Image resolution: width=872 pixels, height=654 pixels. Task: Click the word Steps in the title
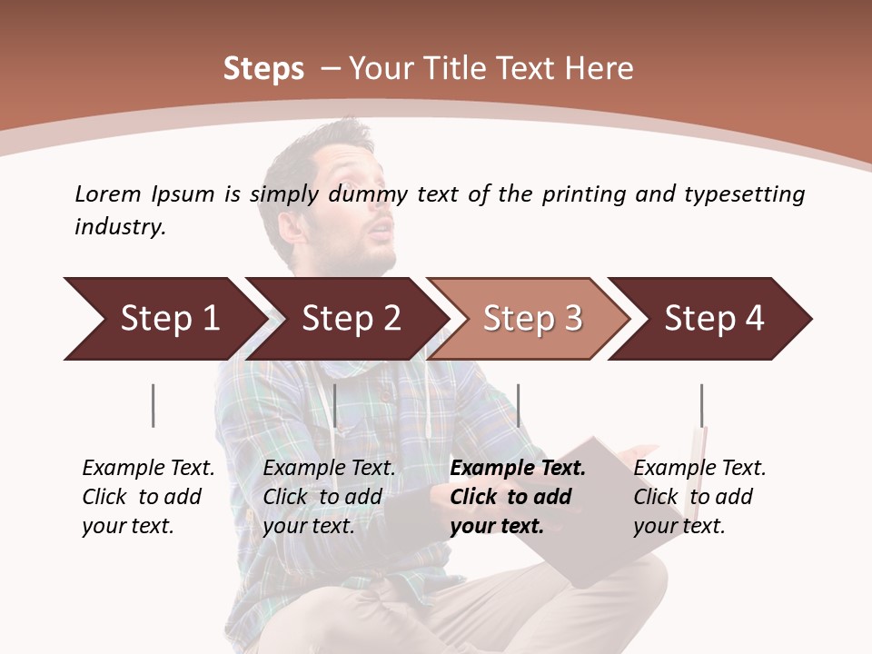(263, 69)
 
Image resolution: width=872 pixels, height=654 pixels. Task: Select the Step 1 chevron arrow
(163, 318)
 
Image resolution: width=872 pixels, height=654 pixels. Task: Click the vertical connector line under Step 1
(153, 405)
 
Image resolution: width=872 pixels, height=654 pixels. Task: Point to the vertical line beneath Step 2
(335, 405)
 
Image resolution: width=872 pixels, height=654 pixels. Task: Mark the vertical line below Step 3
(518, 405)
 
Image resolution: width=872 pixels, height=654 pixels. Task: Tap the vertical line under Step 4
(701, 405)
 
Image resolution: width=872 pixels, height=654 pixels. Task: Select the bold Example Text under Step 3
(518, 468)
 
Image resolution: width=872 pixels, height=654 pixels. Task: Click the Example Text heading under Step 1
(148, 468)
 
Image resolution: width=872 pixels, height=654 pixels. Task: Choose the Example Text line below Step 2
(329, 468)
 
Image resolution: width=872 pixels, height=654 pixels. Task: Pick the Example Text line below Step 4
(699, 468)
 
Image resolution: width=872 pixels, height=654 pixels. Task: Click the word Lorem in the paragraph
(108, 193)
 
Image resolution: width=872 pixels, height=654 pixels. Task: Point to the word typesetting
(744, 194)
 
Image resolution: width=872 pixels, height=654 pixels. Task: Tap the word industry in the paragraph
(119, 227)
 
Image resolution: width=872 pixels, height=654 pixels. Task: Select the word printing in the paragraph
(582, 194)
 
